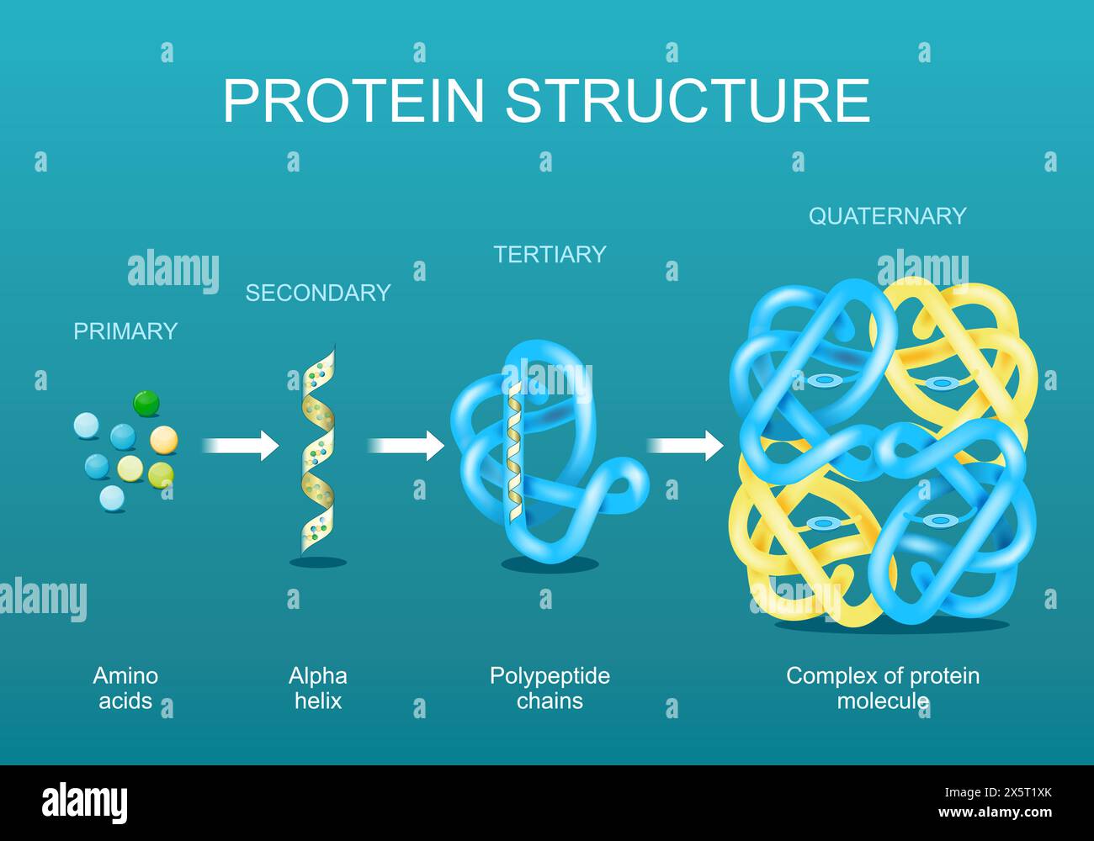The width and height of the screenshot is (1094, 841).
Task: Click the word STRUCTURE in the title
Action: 688,101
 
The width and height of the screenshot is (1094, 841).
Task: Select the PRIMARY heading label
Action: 125,331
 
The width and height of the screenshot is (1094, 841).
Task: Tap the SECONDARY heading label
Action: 317,293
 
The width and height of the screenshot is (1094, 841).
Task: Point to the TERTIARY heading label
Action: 550,255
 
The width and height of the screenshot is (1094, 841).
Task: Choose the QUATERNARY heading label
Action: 887,216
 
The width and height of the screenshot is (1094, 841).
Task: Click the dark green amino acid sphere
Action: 146,403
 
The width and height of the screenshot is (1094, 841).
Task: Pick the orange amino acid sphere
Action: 163,439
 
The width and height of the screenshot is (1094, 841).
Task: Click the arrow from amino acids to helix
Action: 240,445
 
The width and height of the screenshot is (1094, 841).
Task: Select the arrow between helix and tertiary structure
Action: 406,445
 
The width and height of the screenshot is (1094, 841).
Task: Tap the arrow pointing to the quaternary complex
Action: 685,445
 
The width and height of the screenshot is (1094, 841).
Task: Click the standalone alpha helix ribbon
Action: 319,454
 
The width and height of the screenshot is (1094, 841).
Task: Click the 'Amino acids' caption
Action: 125,688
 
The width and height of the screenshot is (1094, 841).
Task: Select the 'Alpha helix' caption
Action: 317,688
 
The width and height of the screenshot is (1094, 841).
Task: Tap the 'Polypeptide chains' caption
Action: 550,688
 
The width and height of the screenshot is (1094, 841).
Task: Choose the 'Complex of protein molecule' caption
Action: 883,688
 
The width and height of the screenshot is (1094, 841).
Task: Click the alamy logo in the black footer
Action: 85,802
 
